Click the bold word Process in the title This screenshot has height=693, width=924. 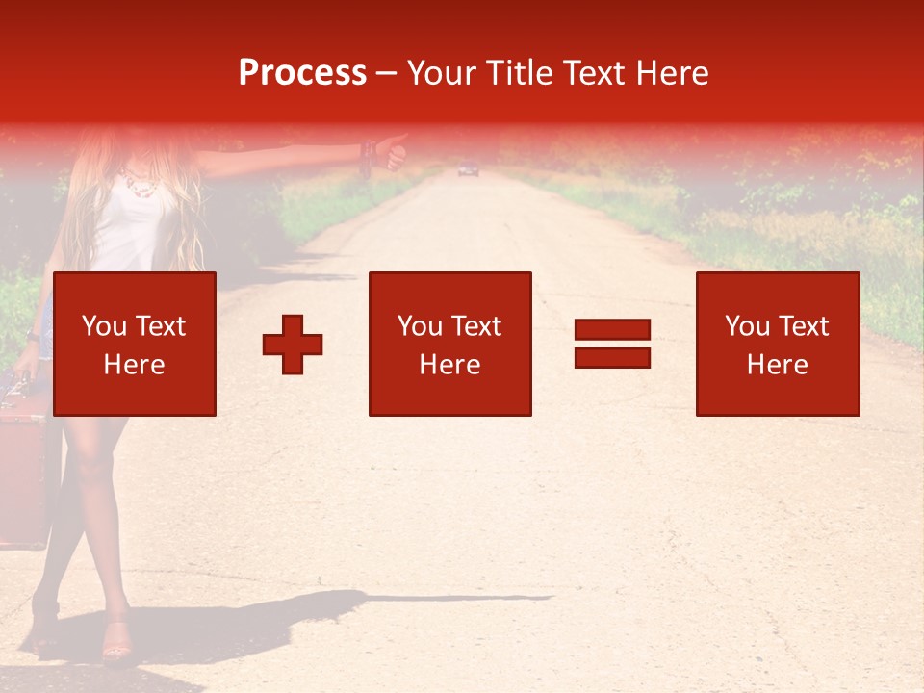(x=302, y=73)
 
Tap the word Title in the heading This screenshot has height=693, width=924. (x=519, y=73)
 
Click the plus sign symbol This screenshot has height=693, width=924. (x=293, y=344)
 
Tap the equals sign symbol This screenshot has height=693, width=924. (x=612, y=344)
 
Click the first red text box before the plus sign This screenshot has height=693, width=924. (x=134, y=344)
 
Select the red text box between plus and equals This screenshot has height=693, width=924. (x=449, y=344)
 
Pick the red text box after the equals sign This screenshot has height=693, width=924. (x=777, y=344)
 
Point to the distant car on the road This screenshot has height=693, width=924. (x=468, y=170)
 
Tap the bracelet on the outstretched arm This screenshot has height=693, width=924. (x=367, y=154)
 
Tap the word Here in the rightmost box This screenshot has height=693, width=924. (x=777, y=364)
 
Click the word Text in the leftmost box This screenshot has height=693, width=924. (x=161, y=327)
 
